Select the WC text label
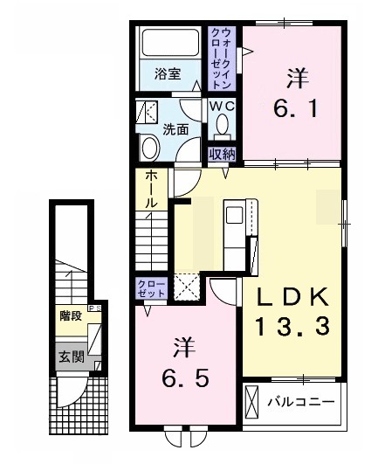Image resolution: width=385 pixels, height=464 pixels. point(223,107)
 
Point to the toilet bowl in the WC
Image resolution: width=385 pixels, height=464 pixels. point(223,129)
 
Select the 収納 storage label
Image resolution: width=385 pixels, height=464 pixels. point(223,154)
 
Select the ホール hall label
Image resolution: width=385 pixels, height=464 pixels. point(151,188)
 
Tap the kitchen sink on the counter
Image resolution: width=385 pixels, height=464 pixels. point(236,214)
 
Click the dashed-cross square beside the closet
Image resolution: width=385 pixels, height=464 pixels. point(188,287)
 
